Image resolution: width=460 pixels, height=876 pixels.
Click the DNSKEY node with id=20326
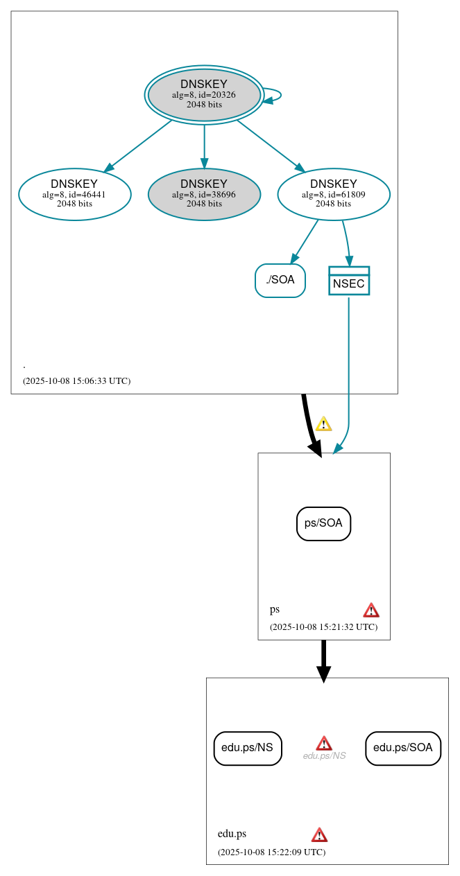pyautogui.click(x=204, y=95)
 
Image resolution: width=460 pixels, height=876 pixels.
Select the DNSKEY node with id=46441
pyautogui.click(x=75, y=194)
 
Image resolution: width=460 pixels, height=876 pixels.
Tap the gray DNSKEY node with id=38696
pyautogui.click(x=204, y=194)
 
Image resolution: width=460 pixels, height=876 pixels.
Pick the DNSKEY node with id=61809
pyautogui.click(x=334, y=194)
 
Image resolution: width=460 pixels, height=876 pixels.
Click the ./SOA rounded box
pyautogui.click(x=280, y=280)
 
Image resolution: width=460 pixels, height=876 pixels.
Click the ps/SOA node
pyautogui.click(x=324, y=523)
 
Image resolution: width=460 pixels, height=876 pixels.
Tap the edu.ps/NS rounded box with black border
pyautogui.click(x=248, y=748)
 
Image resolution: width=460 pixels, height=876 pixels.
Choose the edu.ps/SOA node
pyautogui.click(x=403, y=748)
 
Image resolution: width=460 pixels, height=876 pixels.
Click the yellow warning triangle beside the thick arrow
pyautogui.click(x=323, y=424)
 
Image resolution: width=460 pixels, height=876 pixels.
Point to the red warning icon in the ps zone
pyautogui.click(x=371, y=610)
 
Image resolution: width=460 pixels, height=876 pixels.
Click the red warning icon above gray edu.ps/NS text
pyautogui.click(x=324, y=744)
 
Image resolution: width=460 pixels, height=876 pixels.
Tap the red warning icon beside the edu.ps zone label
pyautogui.click(x=319, y=834)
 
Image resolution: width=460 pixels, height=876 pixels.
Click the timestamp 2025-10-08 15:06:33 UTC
pyautogui.click(x=76, y=381)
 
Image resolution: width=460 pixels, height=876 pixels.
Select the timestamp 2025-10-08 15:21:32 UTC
pyautogui.click(x=323, y=627)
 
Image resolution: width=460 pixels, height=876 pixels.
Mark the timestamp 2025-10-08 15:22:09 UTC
pyautogui.click(x=271, y=852)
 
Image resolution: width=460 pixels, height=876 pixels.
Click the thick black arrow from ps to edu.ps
pyautogui.click(x=324, y=660)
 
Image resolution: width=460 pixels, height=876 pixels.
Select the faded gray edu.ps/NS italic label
pyautogui.click(x=324, y=756)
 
